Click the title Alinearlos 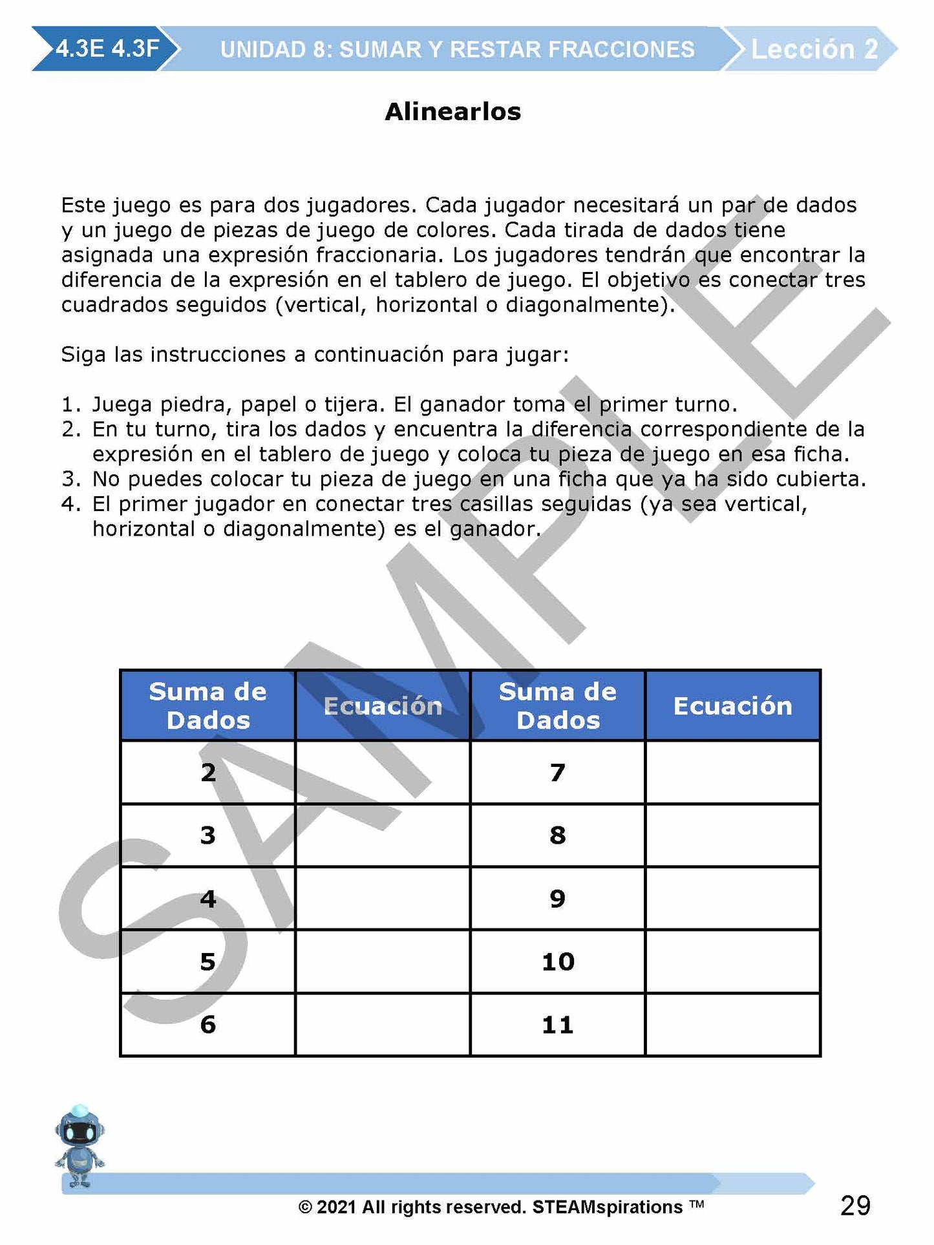(x=452, y=112)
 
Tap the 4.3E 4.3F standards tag (x=107, y=48)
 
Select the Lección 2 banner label (x=814, y=49)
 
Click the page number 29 (x=855, y=1206)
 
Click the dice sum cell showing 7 (x=557, y=772)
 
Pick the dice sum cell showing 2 (x=207, y=772)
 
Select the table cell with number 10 (x=557, y=961)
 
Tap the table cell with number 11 (x=557, y=1025)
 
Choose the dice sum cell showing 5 (x=207, y=961)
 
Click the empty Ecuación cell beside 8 (x=732, y=835)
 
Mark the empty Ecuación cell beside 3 (x=383, y=835)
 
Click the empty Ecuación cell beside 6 (x=383, y=1025)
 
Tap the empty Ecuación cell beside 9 (x=732, y=898)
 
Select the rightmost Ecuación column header (x=732, y=706)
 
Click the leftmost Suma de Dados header (x=207, y=706)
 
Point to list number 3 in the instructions (x=70, y=479)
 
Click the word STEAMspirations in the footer (x=608, y=1207)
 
